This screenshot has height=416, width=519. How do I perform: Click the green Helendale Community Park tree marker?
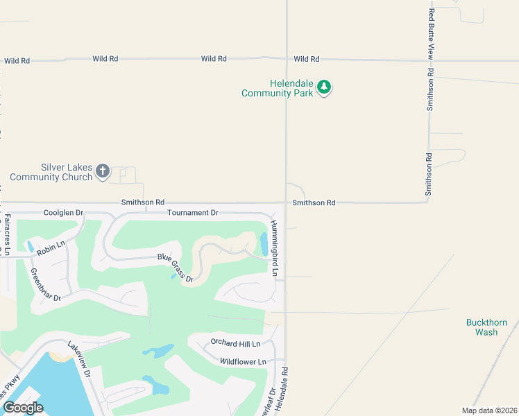(x=324, y=88)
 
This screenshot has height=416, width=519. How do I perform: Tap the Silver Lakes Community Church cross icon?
(x=103, y=171)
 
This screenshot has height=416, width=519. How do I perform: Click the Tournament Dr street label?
(x=193, y=212)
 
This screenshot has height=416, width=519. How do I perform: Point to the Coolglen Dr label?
(x=63, y=212)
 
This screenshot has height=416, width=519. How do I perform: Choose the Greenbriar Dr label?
(x=46, y=284)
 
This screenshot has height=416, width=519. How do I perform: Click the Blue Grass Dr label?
(x=174, y=267)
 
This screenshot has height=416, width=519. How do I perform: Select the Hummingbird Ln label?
(x=274, y=248)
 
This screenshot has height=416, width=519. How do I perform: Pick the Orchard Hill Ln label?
(x=235, y=343)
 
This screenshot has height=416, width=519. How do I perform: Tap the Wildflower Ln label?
(x=243, y=361)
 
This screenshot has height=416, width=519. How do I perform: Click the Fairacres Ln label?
(x=8, y=235)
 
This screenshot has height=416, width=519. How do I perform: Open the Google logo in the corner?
(x=23, y=408)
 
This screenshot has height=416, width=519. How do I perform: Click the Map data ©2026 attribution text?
(x=489, y=410)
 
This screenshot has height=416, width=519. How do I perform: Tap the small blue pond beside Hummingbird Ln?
(x=264, y=243)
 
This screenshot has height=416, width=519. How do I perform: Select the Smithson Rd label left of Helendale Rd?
(x=143, y=202)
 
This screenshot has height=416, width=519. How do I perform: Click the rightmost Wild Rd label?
(x=306, y=59)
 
